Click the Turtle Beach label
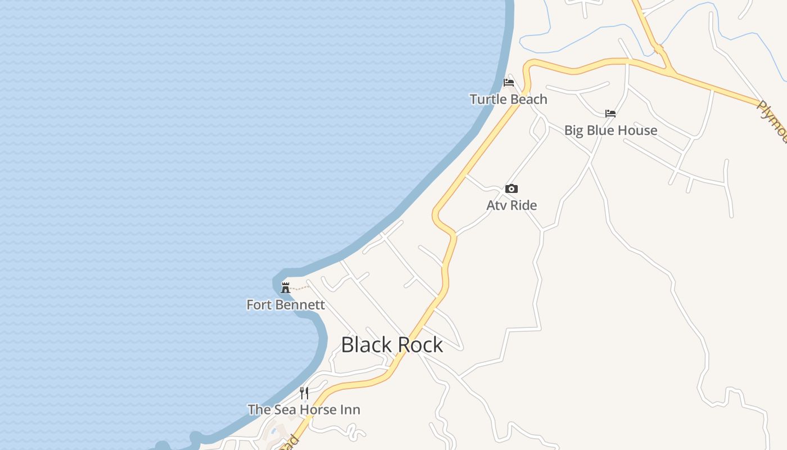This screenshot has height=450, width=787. coord(508,100)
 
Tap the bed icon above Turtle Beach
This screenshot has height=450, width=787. coord(509,82)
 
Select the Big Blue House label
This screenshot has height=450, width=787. coord(610,130)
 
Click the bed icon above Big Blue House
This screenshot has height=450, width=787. coord(610,114)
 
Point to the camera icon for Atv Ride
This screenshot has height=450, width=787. coord(511,189)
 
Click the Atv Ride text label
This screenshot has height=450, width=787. coord(512,205)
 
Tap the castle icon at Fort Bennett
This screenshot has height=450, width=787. coord(286,288)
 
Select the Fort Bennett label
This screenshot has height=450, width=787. coord(286,305)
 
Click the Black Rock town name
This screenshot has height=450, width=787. coord(392,345)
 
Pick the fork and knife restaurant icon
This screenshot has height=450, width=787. coord(304,393)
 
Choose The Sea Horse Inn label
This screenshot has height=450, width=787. coord(304,409)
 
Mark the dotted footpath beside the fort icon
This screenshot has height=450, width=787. coord(301,289)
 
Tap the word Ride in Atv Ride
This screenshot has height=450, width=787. coord(523,205)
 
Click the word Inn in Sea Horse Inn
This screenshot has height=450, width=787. coord(349,409)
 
